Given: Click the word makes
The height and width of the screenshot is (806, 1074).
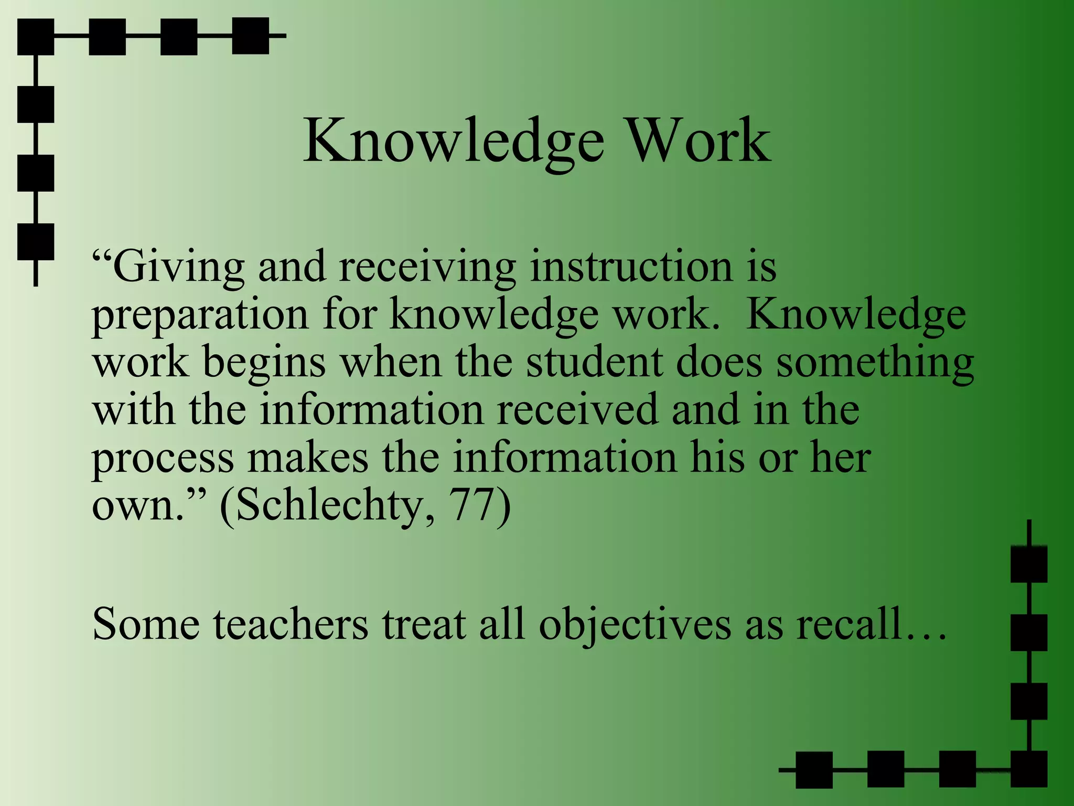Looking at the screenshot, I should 308,457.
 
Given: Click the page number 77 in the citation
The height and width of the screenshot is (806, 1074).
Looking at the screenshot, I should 472,505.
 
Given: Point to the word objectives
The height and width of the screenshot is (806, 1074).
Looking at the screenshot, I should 635,626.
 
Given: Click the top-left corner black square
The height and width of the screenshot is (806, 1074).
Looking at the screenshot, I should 36,37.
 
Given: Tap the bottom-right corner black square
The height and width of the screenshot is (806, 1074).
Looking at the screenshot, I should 1028,769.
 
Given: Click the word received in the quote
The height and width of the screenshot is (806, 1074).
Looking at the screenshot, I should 577,410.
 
